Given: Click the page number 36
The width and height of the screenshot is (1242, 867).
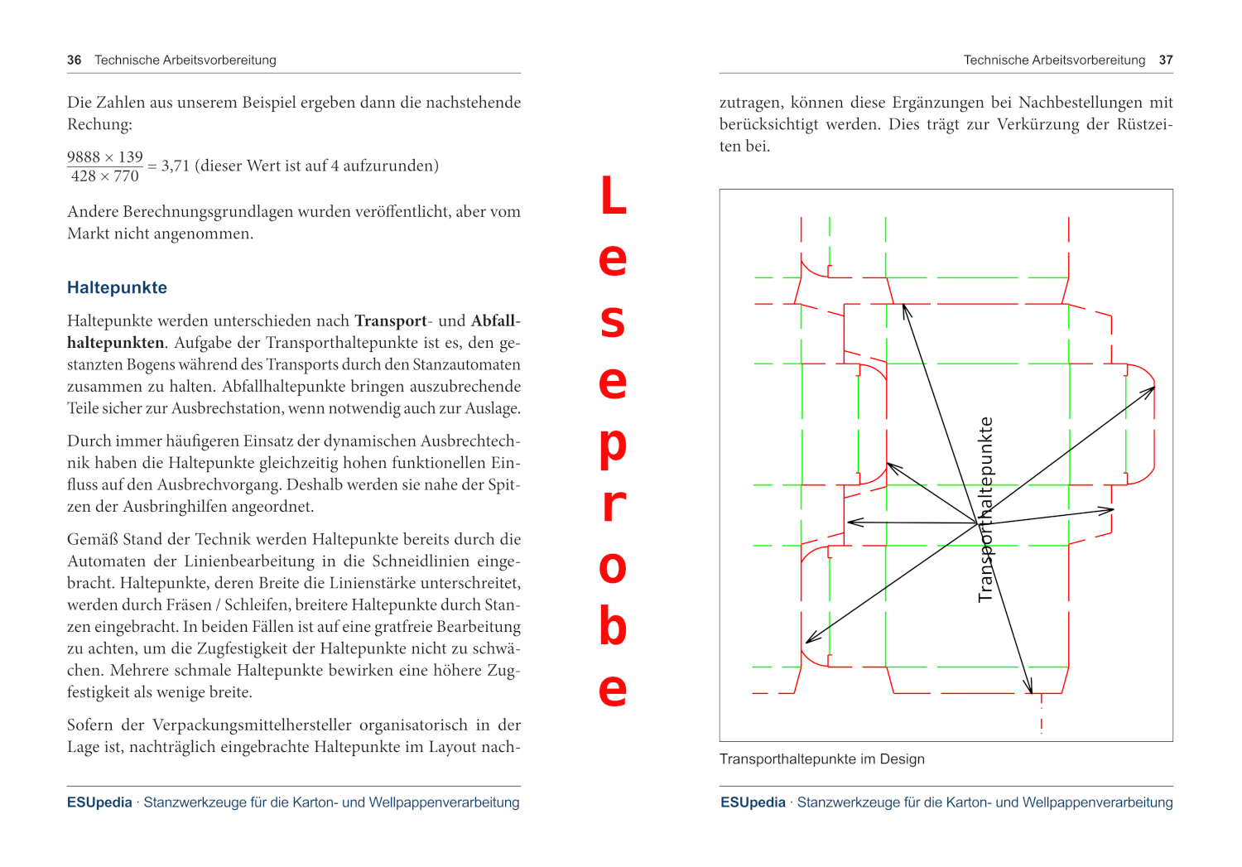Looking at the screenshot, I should click(x=75, y=60).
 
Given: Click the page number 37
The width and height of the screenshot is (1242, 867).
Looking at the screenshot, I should click(x=1166, y=60).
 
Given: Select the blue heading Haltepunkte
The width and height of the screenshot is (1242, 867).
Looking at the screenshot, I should click(x=117, y=288).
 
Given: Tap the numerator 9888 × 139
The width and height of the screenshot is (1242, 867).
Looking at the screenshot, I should click(x=105, y=157).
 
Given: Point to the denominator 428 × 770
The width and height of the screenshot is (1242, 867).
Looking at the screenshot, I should click(x=105, y=176).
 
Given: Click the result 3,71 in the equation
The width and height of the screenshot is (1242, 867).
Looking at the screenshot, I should click(x=176, y=166).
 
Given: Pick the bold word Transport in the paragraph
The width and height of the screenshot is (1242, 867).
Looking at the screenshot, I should click(x=390, y=321).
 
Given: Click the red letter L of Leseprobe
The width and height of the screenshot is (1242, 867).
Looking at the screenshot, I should click(x=613, y=196).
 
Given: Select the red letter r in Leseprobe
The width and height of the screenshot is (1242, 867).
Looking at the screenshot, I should click(x=613, y=505).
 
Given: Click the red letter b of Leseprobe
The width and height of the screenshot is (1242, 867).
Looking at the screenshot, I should click(x=613, y=626).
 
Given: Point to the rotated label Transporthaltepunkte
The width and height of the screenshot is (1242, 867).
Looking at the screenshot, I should click(x=985, y=509).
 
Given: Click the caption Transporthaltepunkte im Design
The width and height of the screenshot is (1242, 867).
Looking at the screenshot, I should click(x=821, y=759).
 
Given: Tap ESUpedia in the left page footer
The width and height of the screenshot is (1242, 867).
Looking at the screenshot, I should click(x=99, y=802).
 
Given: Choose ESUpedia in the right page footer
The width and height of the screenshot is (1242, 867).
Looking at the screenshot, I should click(x=753, y=802).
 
